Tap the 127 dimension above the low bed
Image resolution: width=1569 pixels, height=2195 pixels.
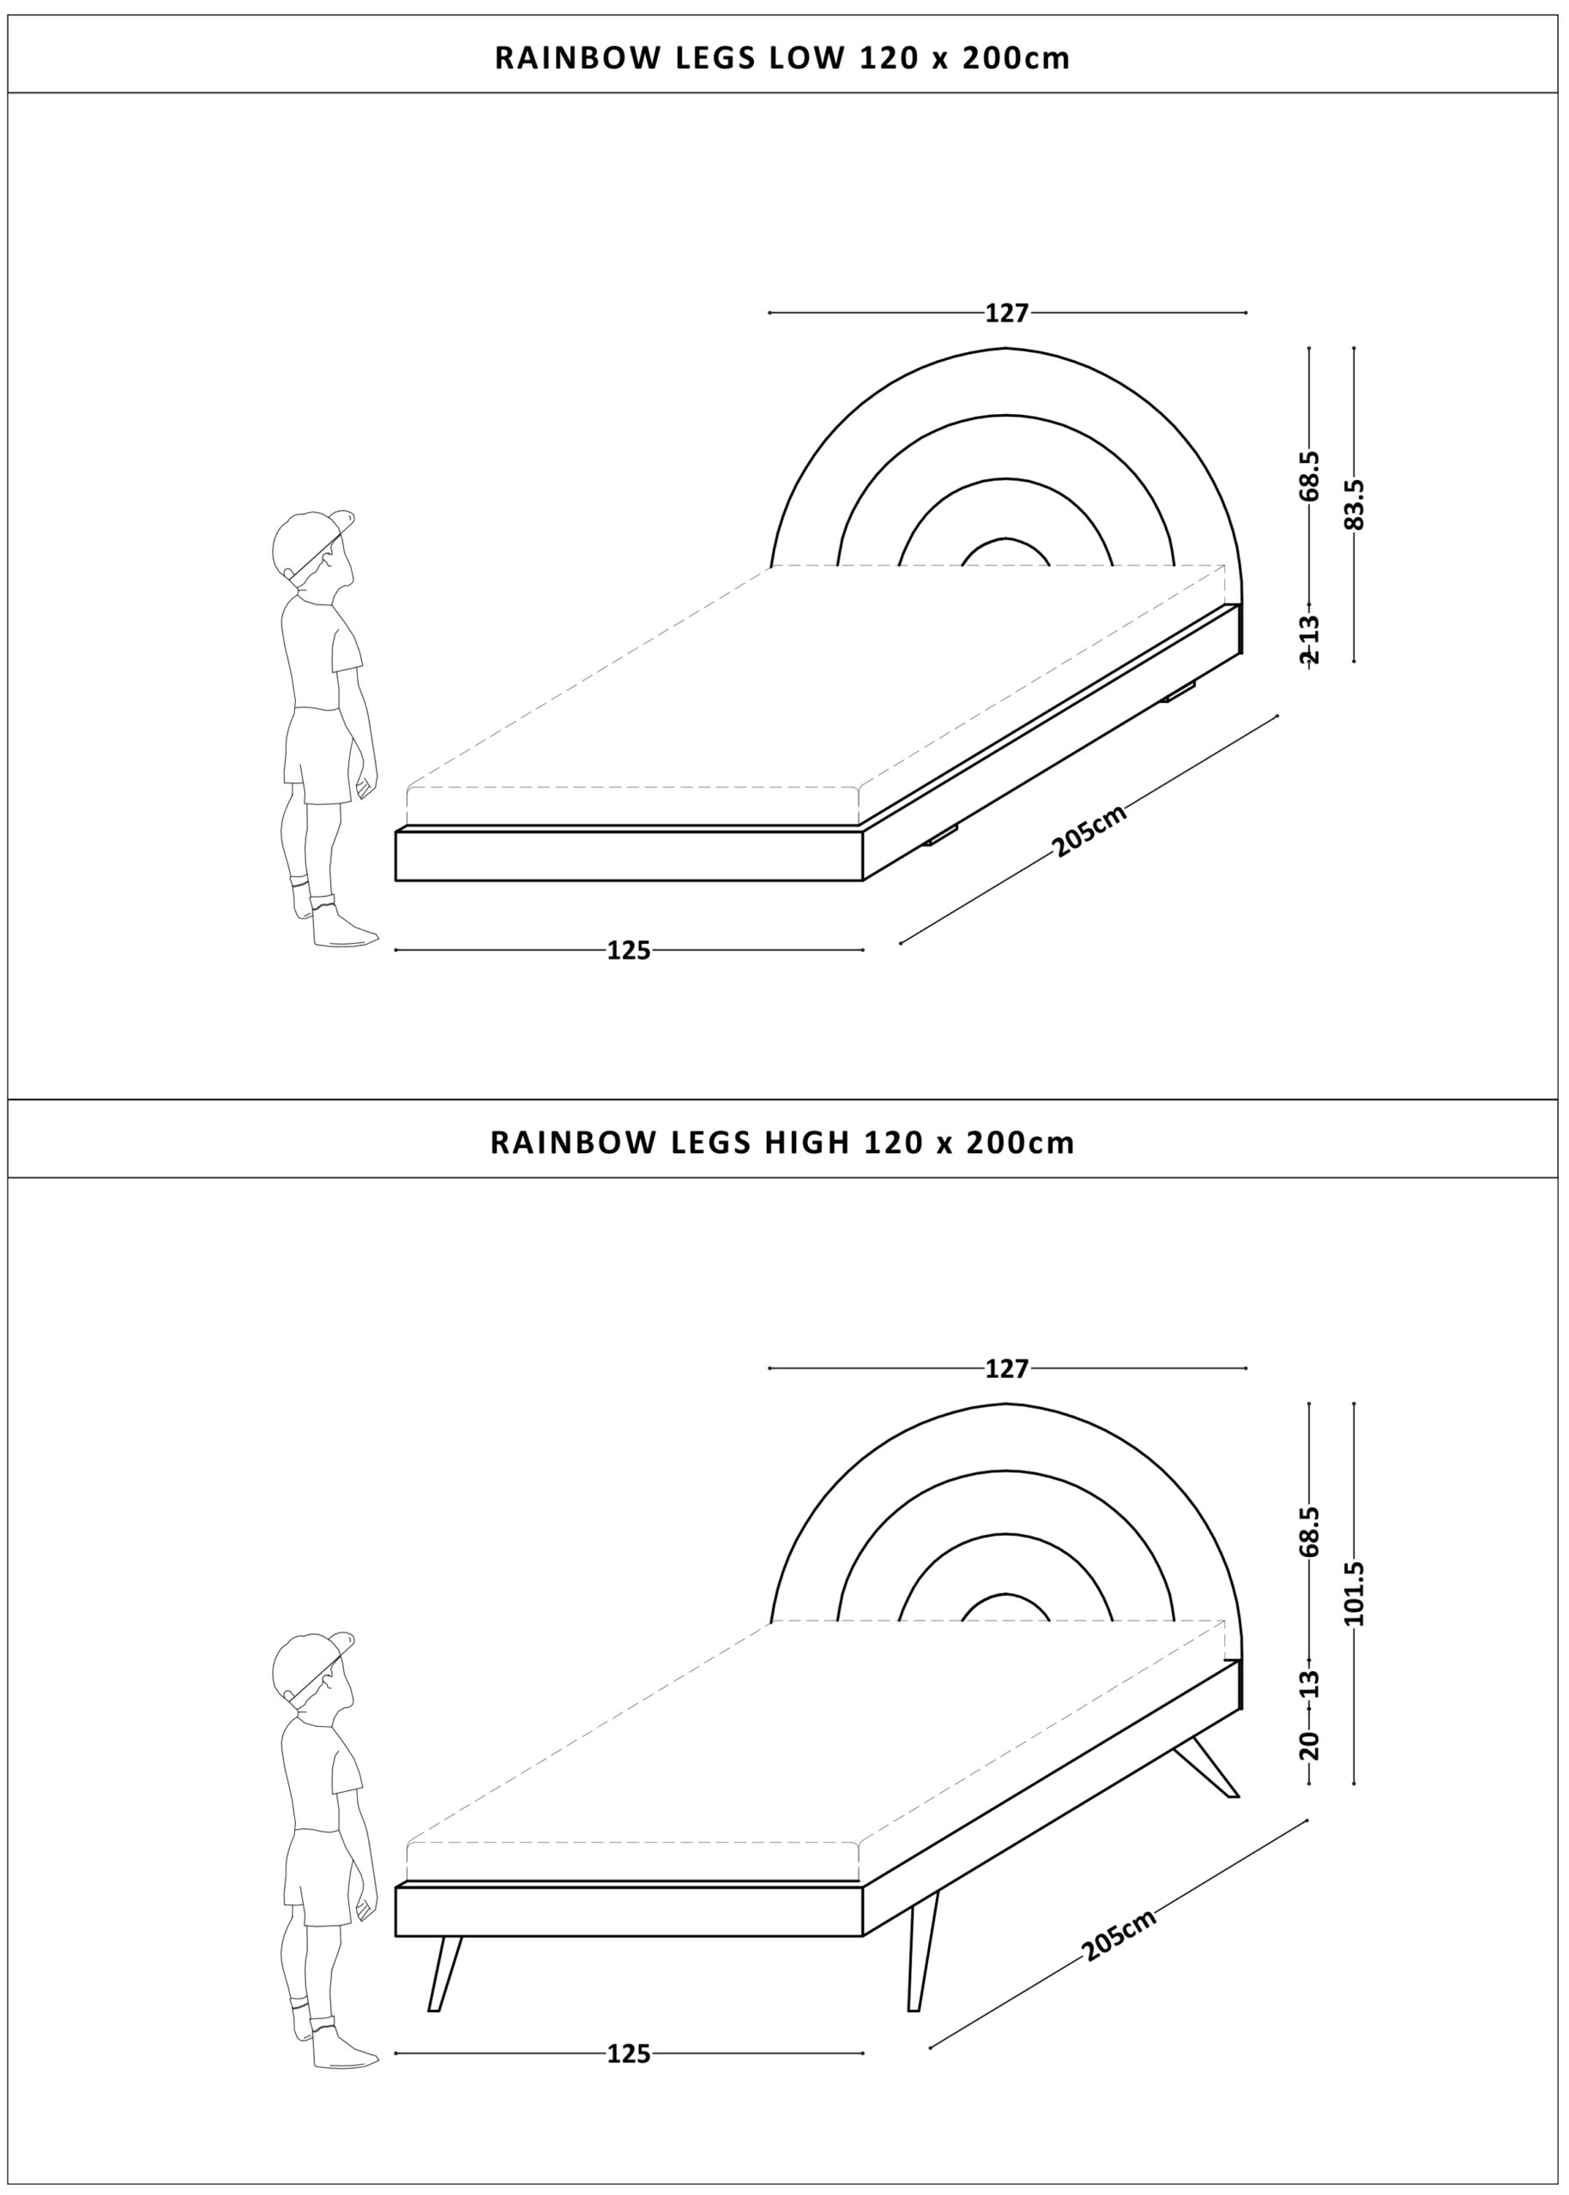tap(1007, 313)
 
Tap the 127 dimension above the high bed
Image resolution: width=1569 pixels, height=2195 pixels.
tap(1007, 1368)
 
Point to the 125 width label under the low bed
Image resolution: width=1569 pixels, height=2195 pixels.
tap(629, 950)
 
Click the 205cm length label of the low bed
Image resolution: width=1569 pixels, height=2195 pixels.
tap(1089, 831)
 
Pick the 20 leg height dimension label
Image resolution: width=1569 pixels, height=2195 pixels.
tap(1309, 1745)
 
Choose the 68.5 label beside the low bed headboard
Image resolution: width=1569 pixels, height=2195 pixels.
tap(1309, 475)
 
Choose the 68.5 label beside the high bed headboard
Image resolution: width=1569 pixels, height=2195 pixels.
tap(1309, 1530)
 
